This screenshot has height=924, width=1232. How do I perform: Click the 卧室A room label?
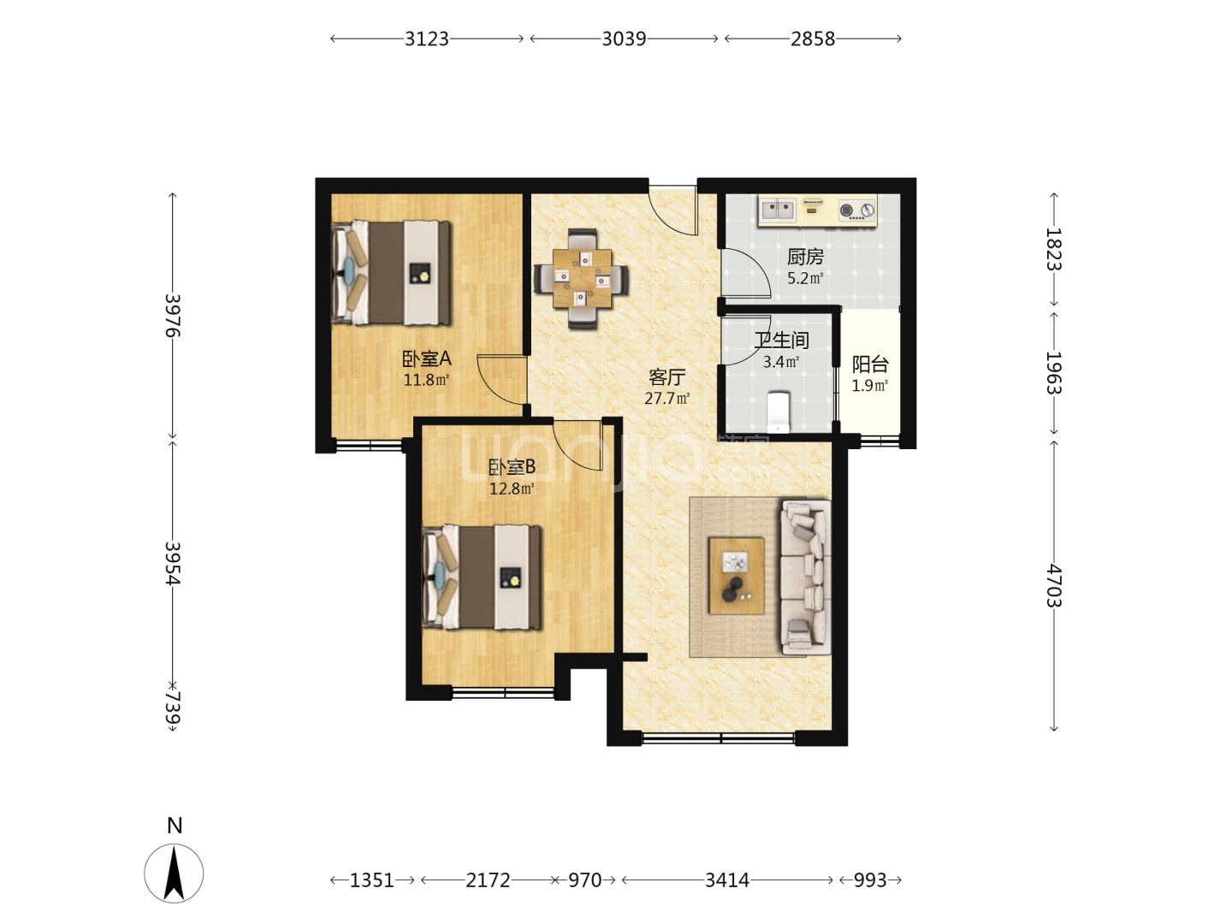(427, 358)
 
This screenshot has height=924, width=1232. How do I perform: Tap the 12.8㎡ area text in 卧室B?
(512, 489)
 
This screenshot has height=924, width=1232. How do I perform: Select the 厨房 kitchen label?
(805, 257)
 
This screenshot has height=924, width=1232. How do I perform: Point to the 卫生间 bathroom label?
(781, 340)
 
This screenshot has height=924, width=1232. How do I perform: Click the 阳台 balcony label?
(870, 364)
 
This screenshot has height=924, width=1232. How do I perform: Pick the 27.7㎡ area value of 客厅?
(666, 399)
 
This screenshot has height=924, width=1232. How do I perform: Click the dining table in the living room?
(582, 278)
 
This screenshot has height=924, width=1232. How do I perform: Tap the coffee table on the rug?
(737, 575)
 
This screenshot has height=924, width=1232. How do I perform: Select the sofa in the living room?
(806, 577)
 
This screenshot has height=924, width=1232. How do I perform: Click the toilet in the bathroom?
(779, 412)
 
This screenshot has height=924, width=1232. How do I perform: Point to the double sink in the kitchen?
(778, 210)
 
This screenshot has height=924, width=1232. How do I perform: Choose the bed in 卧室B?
(483, 577)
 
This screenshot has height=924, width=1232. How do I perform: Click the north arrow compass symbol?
(174, 874)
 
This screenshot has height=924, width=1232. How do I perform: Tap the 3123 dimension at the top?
(427, 38)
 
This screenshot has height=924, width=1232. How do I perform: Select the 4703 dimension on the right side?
(1054, 586)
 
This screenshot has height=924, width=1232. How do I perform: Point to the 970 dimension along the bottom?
(585, 880)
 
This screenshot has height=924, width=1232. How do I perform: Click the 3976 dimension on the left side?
(173, 315)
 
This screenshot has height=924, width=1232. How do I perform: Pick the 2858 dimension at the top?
(813, 38)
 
